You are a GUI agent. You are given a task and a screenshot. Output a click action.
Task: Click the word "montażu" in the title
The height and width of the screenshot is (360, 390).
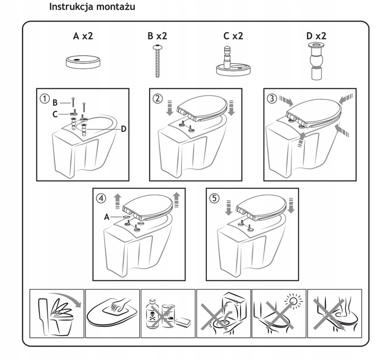pos(116,7)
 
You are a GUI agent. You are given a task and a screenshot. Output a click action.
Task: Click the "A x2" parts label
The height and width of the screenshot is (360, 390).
pos(83,36)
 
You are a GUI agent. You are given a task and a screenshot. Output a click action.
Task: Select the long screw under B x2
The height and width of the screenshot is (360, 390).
pos(158,61)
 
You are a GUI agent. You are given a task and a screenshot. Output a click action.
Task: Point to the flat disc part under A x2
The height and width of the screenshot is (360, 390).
pos(83,62)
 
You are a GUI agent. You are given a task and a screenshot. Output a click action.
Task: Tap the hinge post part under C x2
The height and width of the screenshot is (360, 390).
pos(233,61)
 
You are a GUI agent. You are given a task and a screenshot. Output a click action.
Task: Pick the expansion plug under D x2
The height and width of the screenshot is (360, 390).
pos(316,61)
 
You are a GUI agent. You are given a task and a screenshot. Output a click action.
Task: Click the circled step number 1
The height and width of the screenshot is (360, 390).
pos(44,99)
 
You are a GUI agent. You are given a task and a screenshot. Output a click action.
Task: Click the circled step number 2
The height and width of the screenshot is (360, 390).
pos(158,99)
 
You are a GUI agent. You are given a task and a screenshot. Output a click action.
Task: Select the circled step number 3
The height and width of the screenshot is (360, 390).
pos(272,99)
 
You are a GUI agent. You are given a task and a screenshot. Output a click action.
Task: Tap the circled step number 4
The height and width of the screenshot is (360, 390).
pos(101,198)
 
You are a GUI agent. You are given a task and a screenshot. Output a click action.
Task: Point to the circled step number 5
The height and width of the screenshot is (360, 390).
pos(214,198)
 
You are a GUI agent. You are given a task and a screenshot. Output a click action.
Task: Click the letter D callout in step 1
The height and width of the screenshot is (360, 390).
pos(123,129)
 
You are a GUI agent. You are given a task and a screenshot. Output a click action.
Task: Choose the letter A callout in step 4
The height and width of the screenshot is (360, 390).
pos(107,217)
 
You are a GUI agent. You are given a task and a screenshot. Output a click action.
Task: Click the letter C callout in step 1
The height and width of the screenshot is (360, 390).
pos(55,114)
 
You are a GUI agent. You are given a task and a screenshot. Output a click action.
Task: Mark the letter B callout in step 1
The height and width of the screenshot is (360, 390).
pos(55,102)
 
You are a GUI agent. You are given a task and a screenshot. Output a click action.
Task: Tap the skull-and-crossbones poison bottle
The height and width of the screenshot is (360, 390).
pos(152,314)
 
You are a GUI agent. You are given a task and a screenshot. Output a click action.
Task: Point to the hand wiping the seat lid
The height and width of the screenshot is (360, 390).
pos(120,304)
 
